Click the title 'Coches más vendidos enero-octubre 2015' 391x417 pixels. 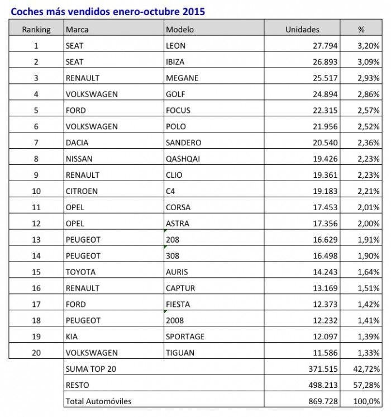[x=108, y=11]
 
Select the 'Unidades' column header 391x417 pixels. [x=302, y=29]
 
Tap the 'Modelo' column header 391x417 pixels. [x=179, y=29]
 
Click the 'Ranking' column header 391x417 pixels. [x=36, y=29]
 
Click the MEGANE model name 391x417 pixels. [x=182, y=78]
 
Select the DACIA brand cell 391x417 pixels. [x=77, y=143]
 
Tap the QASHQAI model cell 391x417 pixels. [x=183, y=159]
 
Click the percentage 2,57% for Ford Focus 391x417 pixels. [x=369, y=110]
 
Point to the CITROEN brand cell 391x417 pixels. [x=82, y=191]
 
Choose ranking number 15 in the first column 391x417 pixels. [x=36, y=272]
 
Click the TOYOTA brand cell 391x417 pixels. [x=80, y=272]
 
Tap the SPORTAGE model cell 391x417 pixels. [x=185, y=337]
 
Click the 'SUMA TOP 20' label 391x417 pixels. [x=91, y=369]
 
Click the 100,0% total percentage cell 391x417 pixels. [x=367, y=401]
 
